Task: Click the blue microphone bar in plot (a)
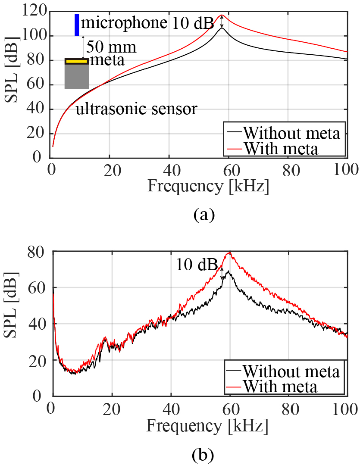[77, 25]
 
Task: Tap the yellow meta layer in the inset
[77, 61]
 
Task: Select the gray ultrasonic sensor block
[77, 77]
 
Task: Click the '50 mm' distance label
[111, 47]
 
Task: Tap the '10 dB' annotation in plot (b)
[196, 265]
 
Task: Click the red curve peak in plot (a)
[222, 15]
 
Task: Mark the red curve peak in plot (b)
[230, 253]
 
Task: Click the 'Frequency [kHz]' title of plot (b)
[207, 426]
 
